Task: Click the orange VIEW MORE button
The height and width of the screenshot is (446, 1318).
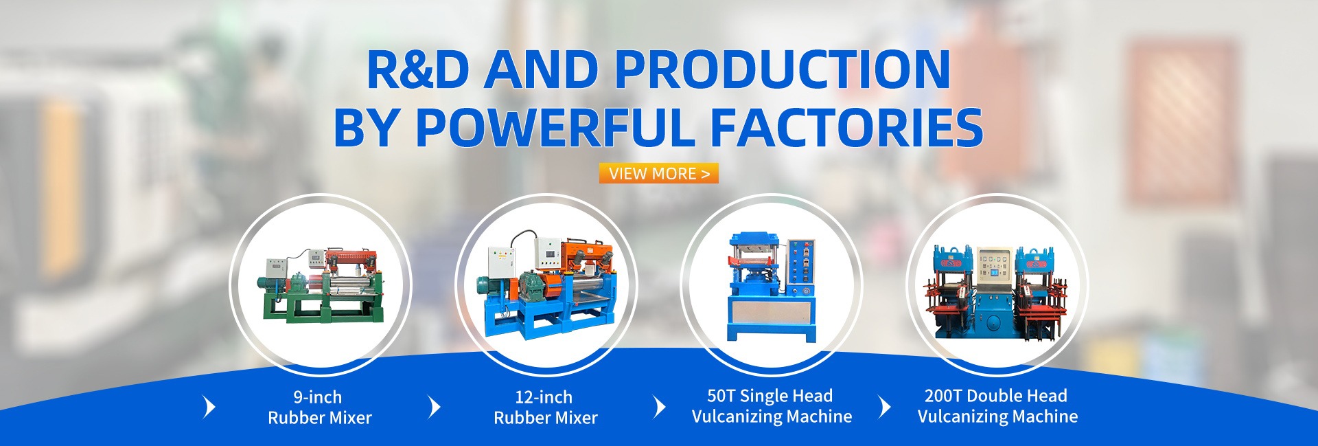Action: (x=658, y=173)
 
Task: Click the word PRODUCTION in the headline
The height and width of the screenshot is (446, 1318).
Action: (x=782, y=69)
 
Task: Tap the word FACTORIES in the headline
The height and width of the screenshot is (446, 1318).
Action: (x=846, y=128)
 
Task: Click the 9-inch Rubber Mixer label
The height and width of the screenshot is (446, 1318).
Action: (x=320, y=407)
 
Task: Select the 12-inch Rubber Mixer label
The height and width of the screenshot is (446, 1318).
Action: (x=546, y=407)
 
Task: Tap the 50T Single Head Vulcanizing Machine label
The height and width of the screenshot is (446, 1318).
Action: (x=772, y=405)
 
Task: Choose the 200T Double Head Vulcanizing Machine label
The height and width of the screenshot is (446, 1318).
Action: (x=997, y=405)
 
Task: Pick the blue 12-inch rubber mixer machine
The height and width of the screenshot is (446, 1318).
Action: (x=546, y=285)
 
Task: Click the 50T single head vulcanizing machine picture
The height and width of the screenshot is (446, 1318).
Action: (x=772, y=286)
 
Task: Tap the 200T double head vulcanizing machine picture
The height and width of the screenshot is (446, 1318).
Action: (x=997, y=291)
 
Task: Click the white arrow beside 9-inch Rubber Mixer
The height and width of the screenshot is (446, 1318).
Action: (x=209, y=407)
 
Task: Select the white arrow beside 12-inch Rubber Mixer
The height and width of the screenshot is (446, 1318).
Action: (x=434, y=407)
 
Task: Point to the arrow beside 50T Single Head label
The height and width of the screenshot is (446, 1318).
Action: (x=660, y=407)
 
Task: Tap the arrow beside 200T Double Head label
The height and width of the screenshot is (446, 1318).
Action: (x=886, y=407)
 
